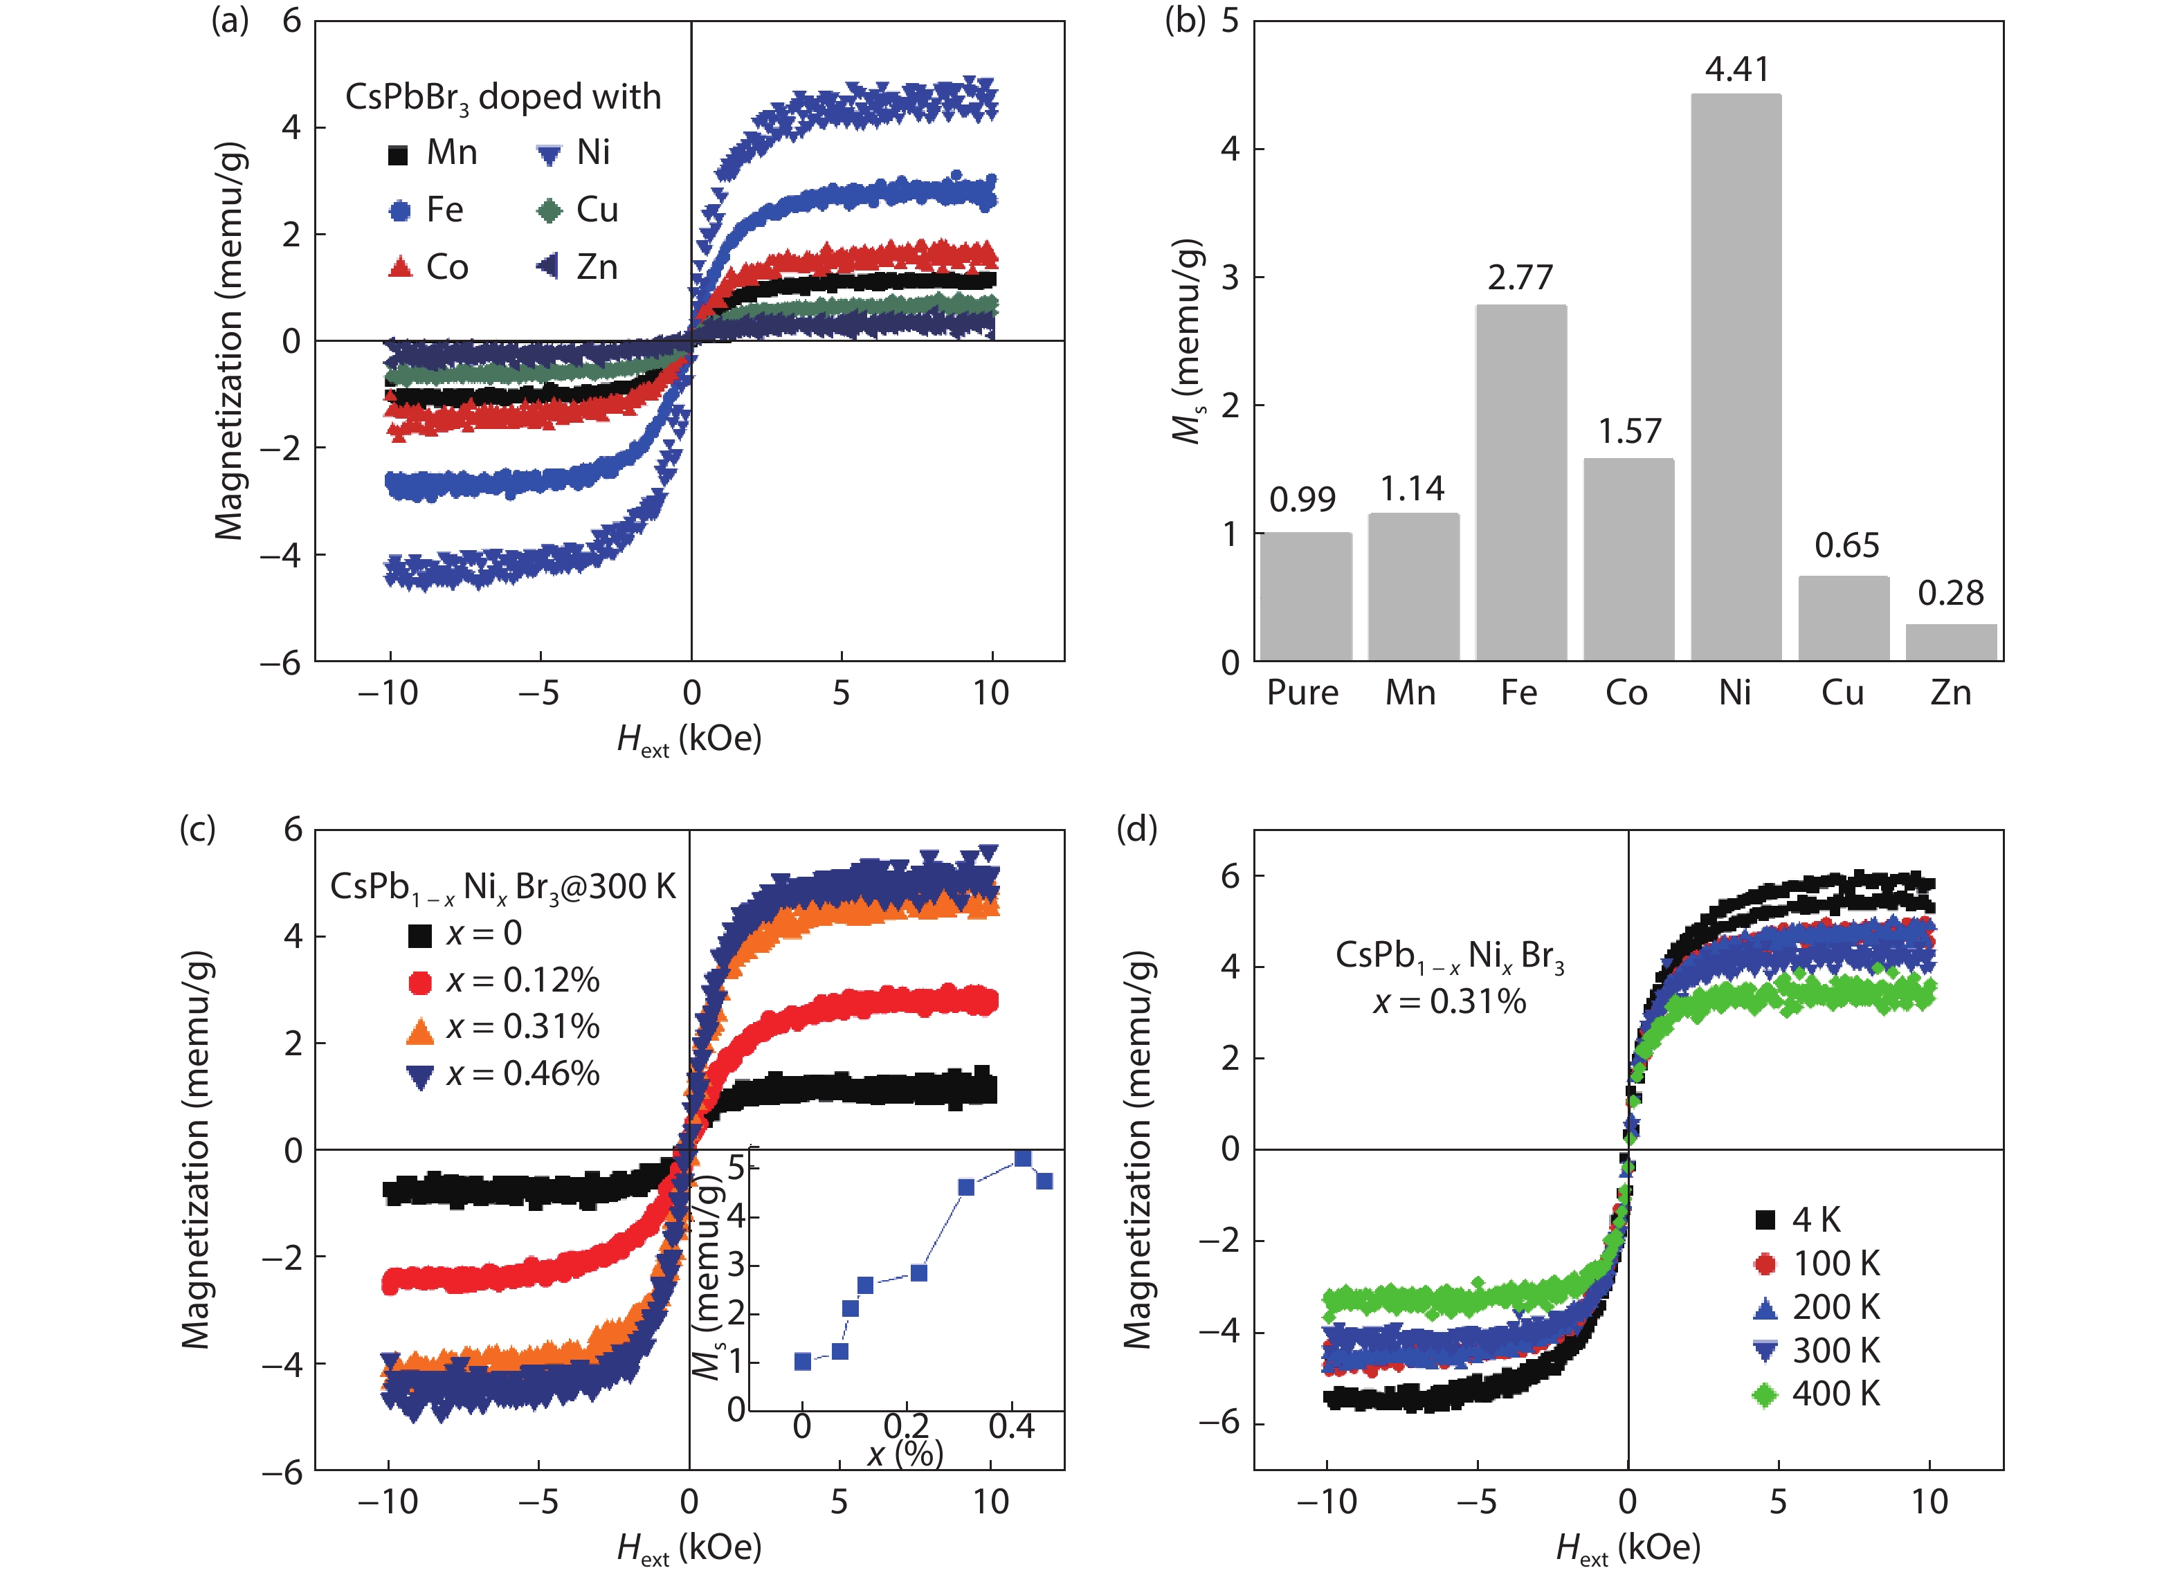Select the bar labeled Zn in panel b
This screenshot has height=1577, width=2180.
pyautogui.click(x=1950, y=642)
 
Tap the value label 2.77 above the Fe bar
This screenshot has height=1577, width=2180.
pyautogui.click(x=1520, y=277)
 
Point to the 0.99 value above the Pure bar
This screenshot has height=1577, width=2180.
pyautogui.click(x=1302, y=500)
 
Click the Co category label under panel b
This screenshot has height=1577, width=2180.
pyautogui.click(x=1626, y=693)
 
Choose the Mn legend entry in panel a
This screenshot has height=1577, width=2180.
pyautogui.click(x=433, y=153)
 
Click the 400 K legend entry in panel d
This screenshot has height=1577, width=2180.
pyautogui.click(x=1817, y=1394)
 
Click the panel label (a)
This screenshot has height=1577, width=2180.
pyautogui.click(x=230, y=20)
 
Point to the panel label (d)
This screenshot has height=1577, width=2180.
pyautogui.click(x=1136, y=828)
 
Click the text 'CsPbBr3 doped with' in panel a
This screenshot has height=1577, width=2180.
pyautogui.click(x=502, y=97)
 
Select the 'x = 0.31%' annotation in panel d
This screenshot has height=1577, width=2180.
pyautogui.click(x=1449, y=1001)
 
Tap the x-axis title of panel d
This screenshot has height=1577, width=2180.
pyautogui.click(x=1627, y=1547)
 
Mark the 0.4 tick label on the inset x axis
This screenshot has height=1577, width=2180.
pyautogui.click(x=1011, y=1426)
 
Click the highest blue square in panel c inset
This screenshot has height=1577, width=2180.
pyautogui.click(x=1023, y=1158)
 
